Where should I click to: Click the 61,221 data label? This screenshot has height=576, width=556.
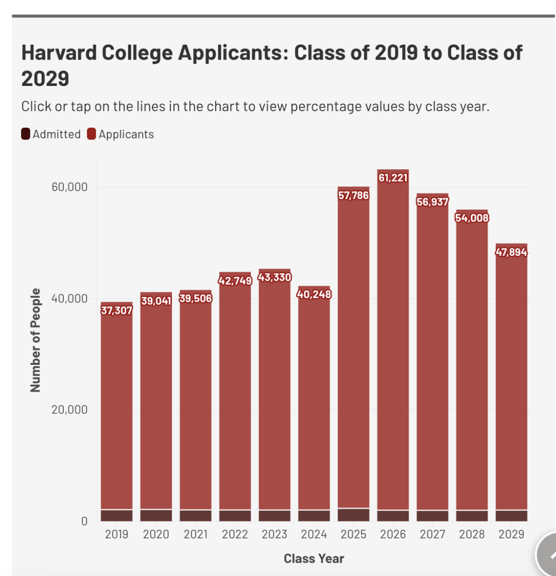[393, 178]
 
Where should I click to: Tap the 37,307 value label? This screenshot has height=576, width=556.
[116, 310]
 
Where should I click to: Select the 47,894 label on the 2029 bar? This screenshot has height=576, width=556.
[511, 252]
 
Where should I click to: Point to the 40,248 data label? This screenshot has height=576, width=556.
[314, 294]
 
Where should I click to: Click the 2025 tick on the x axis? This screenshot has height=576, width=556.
[354, 534]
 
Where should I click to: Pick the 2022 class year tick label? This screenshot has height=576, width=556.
[235, 534]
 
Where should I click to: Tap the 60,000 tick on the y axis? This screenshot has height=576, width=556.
[69, 187]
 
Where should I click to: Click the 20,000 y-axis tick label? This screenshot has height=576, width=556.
[69, 410]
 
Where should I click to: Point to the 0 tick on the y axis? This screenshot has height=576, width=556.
[84, 521]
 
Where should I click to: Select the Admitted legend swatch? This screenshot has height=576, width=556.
[25, 134]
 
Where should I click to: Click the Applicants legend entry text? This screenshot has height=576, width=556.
[126, 134]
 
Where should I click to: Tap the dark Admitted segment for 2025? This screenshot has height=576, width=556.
[354, 515]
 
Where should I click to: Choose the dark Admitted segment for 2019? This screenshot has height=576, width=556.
[116, 516]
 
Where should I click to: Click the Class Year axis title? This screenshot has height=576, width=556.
[314, 558]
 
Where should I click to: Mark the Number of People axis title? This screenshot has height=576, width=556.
[36, 340]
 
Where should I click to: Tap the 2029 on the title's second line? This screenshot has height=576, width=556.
[45, 79]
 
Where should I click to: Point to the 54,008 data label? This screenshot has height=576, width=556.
[472, 218]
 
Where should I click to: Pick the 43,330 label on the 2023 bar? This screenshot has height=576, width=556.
[274, 277]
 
